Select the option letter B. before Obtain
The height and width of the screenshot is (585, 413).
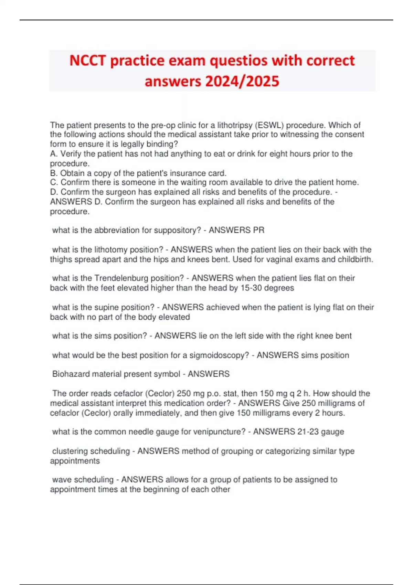[x=54, y=173]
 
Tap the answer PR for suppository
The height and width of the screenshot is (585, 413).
[x=259, y=230]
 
